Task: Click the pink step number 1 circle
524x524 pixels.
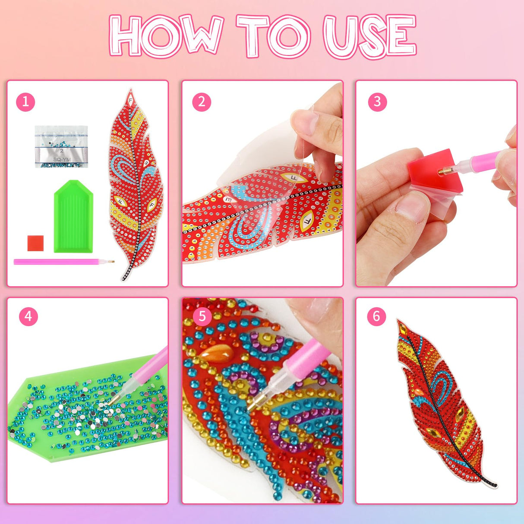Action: [x=25, y=102]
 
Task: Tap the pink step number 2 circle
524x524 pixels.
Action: [x=202, y=102]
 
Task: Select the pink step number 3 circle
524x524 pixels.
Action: [x=377, y=102]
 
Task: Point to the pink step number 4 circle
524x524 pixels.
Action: [x=28, y=316]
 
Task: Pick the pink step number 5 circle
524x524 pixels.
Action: [x=202, y=316]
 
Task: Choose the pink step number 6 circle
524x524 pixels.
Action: [x=376, y=316]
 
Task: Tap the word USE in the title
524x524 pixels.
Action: [x=370, y=35]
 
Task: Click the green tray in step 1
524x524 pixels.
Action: [x=73, y=216]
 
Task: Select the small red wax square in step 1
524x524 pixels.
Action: [x=35, y=243]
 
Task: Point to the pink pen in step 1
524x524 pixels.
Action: [x=64, y=262]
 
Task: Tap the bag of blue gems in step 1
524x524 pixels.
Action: [x=61, y=146]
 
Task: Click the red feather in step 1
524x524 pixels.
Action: [x=136, y=185]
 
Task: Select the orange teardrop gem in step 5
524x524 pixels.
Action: [x=217, y=353]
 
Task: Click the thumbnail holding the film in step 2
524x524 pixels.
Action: [x=305, y=122]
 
